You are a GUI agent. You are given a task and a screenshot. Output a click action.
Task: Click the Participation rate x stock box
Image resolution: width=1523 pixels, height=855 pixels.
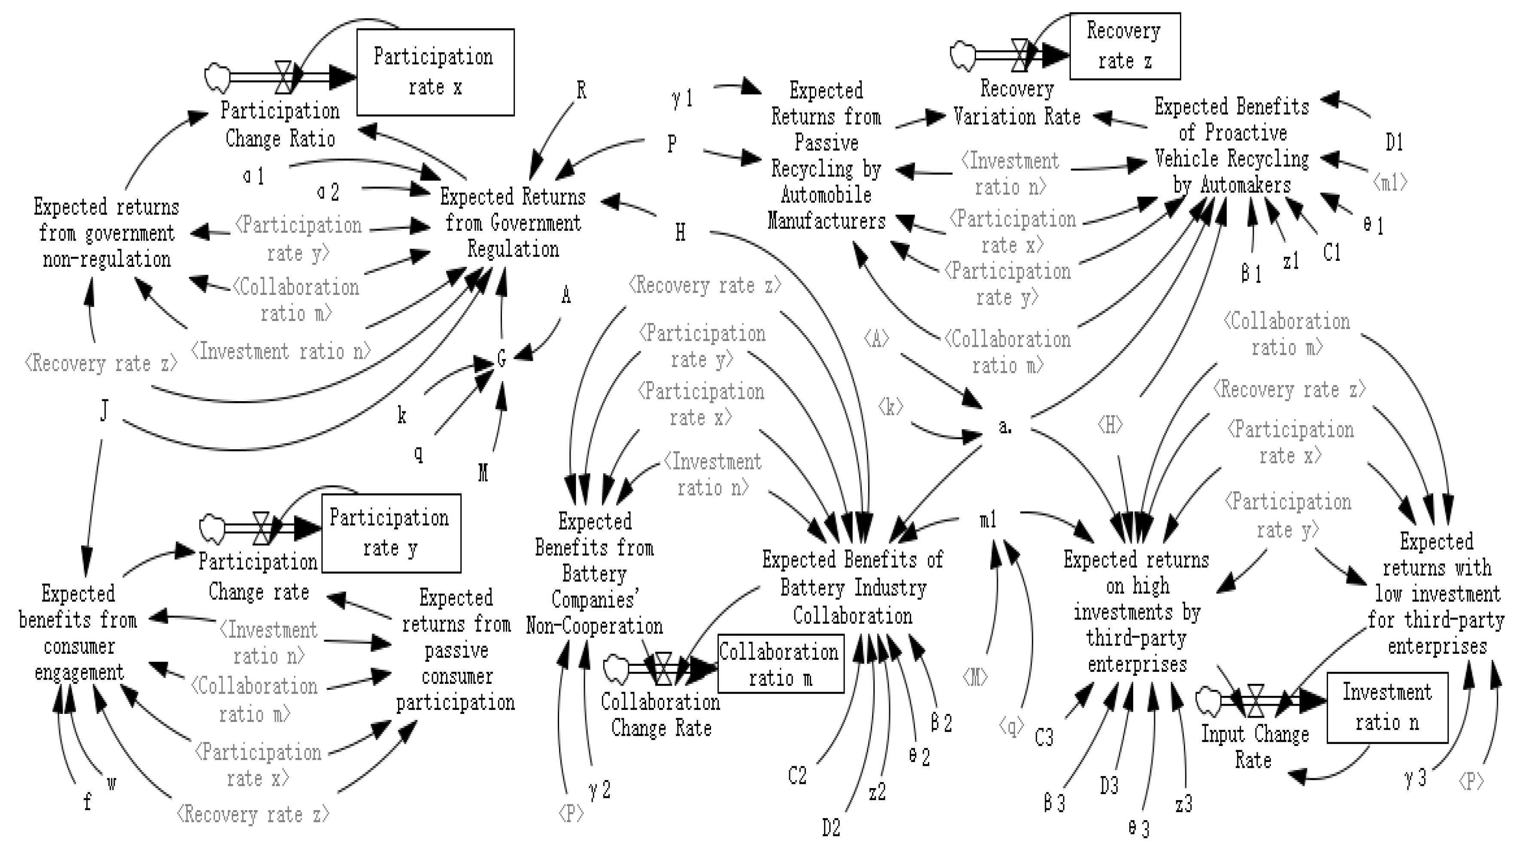point(435,72)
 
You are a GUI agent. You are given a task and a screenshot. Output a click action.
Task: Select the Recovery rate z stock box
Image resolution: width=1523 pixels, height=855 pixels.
point(1125,46)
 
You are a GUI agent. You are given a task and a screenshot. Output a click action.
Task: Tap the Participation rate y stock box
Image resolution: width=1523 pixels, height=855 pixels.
point(391,533)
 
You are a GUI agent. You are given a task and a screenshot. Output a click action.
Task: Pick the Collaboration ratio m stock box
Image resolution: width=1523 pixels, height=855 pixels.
point(781,664)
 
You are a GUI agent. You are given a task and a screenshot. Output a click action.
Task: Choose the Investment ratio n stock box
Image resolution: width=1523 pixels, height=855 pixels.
point(1387,707)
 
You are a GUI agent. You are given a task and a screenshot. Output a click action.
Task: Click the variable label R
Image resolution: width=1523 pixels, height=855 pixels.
point(581,91)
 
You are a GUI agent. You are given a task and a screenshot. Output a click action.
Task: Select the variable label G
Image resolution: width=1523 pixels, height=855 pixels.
point(502,359)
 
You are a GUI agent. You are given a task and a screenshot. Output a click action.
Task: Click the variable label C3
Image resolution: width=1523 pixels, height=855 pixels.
point(1044,738)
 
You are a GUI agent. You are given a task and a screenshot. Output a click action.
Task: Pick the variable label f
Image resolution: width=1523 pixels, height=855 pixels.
point(88,802)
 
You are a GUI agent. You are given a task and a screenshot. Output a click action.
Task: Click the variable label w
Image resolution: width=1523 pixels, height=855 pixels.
point(111,783)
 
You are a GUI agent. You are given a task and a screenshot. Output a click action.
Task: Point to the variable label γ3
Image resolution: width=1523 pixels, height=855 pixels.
point(1415,778)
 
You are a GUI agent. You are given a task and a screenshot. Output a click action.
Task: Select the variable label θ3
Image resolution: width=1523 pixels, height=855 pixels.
point(1139,828)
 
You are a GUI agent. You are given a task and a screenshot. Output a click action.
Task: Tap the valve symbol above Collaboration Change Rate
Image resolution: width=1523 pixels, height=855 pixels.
point(663,669)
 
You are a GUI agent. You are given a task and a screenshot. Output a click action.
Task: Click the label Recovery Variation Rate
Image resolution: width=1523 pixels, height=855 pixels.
point(1017,103)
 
